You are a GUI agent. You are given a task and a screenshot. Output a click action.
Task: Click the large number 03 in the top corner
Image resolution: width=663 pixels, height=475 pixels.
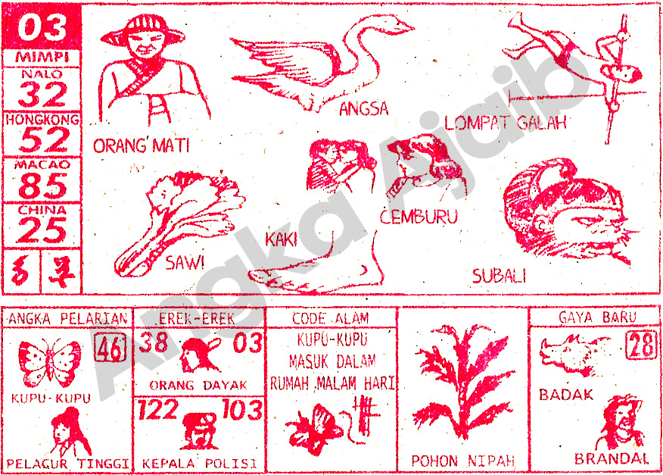[x=42, y=29]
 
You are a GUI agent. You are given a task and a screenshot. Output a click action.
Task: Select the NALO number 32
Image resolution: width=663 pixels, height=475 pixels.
[x=43, y=95]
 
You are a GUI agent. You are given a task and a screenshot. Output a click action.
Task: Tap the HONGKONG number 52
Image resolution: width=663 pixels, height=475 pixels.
[x=43, y=140]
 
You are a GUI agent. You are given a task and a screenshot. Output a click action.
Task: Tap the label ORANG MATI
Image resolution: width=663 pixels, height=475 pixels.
[x=141, y=145]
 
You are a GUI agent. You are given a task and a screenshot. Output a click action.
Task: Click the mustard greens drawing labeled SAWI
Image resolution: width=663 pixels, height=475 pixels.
[x=178, y=220]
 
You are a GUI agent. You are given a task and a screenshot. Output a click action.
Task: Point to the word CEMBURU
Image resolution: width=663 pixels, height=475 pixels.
[x=419, y=217]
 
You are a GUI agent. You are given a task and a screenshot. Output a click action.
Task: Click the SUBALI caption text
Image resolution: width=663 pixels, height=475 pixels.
[x=499, y=277]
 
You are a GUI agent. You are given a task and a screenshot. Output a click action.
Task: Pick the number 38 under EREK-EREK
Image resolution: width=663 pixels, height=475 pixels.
[x=154, y=343]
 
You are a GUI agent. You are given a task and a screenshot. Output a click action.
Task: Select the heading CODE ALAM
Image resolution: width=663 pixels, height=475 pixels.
[x=331, y=317]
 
